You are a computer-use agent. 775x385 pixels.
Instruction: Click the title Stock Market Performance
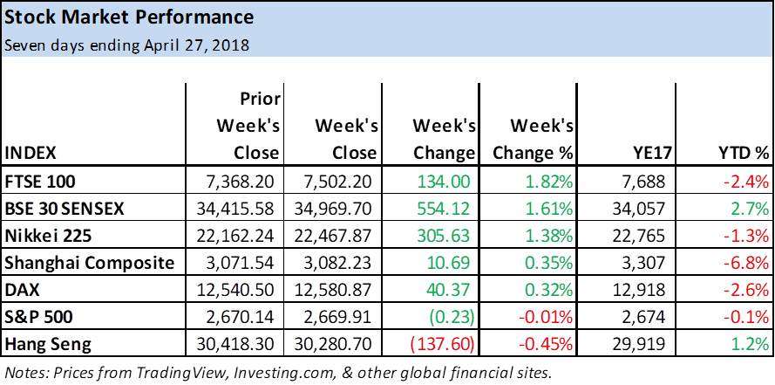pyautogui.click(x=129, y=17)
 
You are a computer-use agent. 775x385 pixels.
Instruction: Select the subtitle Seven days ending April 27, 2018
pyautogui.click(x=126, y=45)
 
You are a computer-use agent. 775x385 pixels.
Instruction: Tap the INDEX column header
pyautogui.click(x=31, y=153)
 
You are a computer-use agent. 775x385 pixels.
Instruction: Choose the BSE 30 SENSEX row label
pyautogui.click(x=65, y=210)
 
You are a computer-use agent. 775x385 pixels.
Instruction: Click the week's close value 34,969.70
pyautogui.click(x=337, y=210)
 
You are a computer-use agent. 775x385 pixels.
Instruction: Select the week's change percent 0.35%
pyautogui.click(x=548, y=262)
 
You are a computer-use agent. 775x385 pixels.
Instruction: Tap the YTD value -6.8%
pyautogui.click(x=745, y=262)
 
